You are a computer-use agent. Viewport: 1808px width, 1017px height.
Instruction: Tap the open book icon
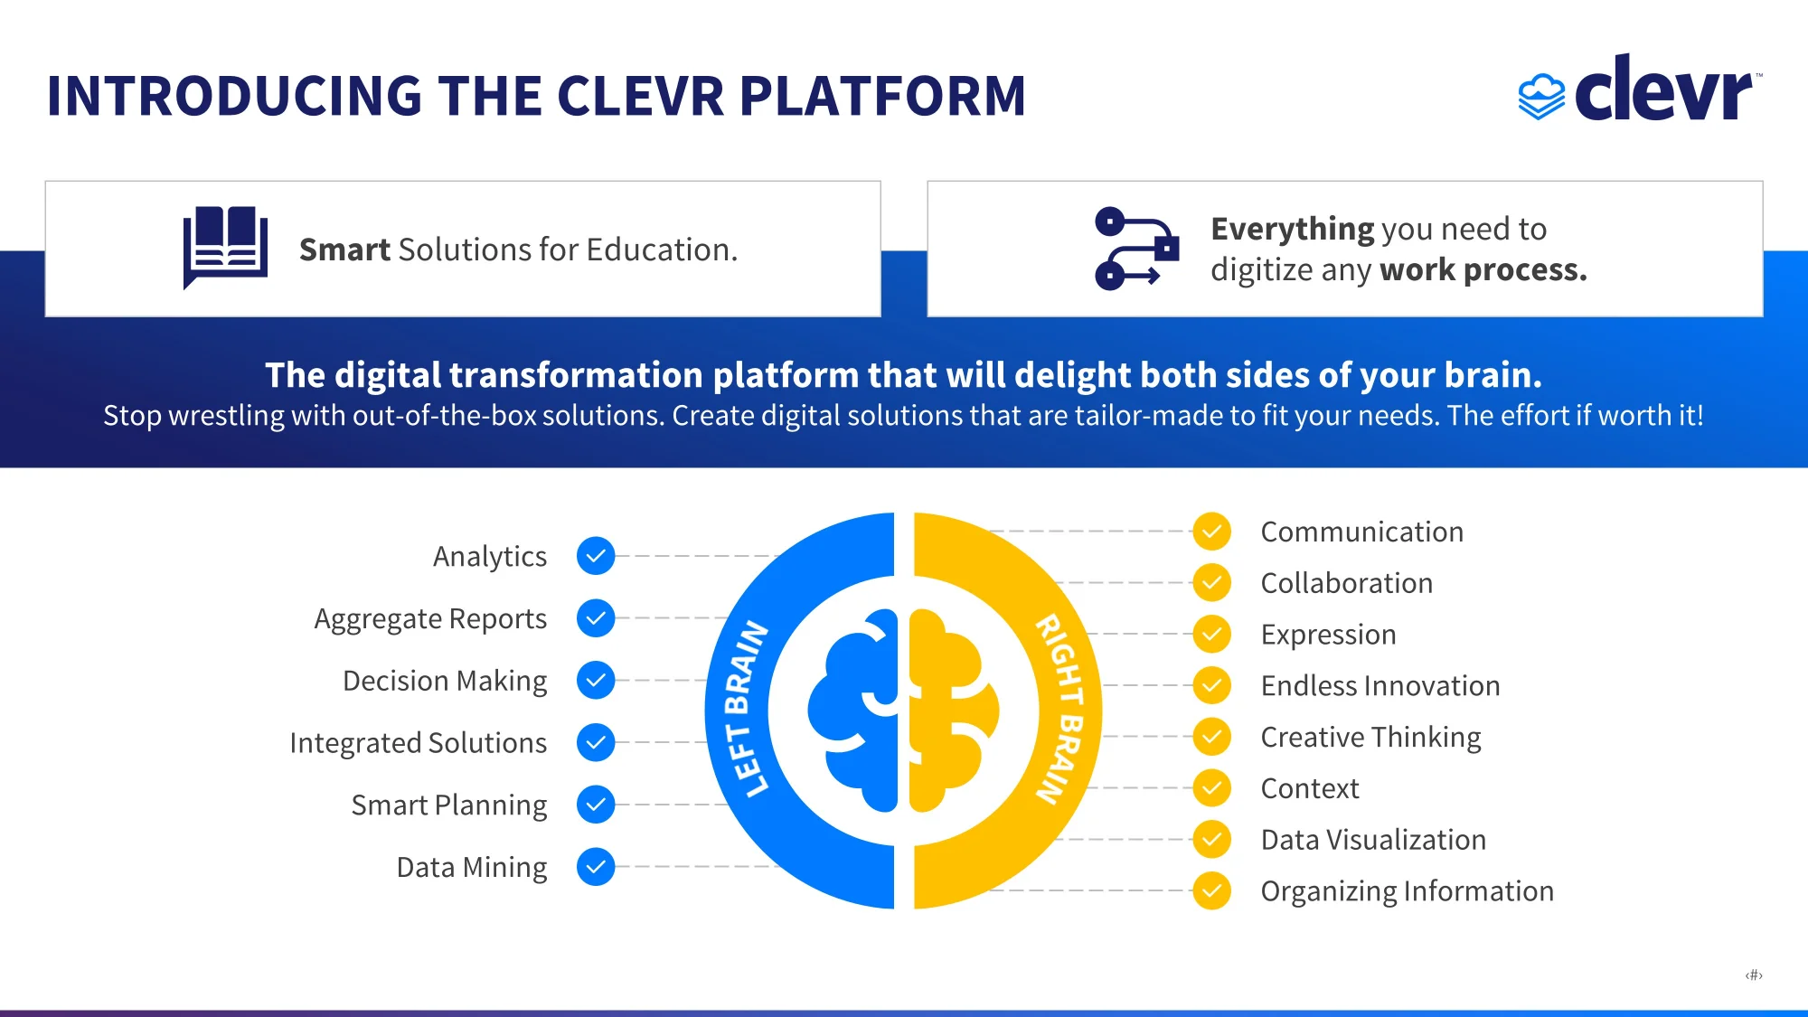tap(225, 247)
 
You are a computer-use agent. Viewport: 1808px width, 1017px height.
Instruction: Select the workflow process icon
tap(1136, 249)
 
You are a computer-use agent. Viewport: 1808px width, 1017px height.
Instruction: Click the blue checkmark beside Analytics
tap(596, 556)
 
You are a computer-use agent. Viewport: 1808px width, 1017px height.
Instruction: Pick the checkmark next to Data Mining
tap(596, 867)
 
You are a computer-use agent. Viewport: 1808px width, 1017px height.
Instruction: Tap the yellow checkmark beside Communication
tap(1211, 532)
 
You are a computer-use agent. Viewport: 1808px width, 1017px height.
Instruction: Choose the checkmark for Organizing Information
tap(1211, 891)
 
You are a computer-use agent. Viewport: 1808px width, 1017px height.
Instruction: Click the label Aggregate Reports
tap(430, 619)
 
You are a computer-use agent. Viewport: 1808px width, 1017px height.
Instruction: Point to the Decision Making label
tap(445, 681)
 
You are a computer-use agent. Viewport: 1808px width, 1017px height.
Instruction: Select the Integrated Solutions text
tap(419, 743)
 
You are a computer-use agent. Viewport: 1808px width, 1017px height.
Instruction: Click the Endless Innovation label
tap(1380, 686)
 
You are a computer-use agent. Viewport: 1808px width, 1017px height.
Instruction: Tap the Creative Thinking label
tap(1370, 738)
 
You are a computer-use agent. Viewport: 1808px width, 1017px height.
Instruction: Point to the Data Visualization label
tap(1373, 840)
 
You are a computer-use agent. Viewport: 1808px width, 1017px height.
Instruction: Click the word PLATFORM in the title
tap(882, 96)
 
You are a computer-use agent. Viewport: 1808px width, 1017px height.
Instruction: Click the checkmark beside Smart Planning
tap(596, 805)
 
